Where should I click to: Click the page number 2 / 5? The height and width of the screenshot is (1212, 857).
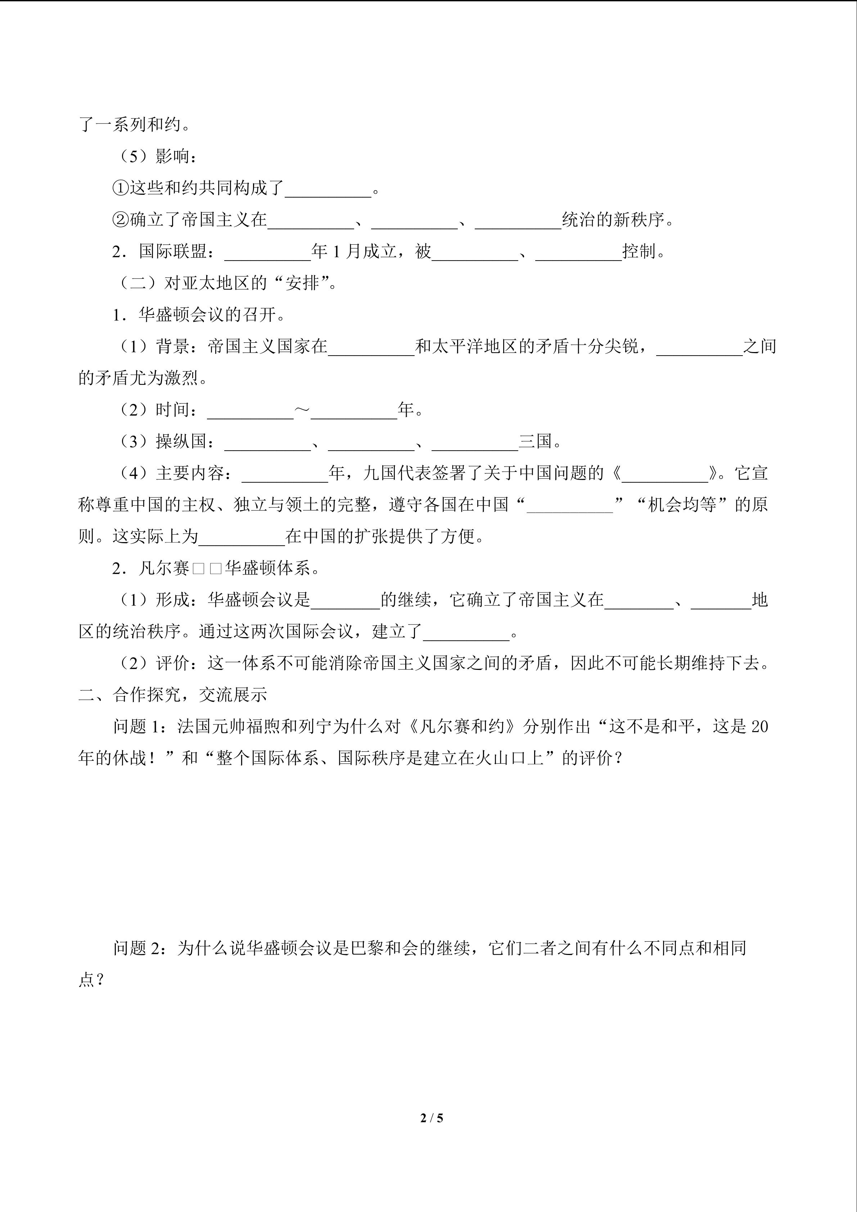(x=432, y=1118)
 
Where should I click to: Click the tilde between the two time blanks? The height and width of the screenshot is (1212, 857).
(x=302, y=410)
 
